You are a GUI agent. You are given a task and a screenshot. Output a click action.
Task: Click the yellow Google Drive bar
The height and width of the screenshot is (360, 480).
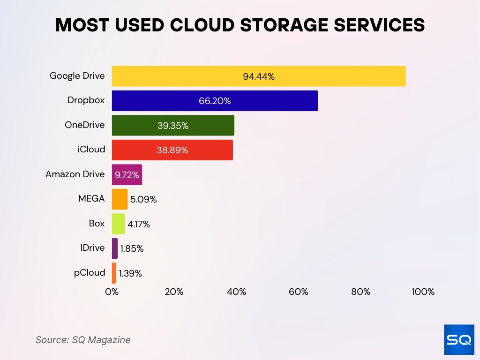click(x=258, y=76)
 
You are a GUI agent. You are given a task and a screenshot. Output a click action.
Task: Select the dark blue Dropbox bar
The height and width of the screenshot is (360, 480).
click(x=215, y=101)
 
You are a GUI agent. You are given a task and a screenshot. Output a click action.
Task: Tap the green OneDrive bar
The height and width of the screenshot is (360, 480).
click(x=173, y=126)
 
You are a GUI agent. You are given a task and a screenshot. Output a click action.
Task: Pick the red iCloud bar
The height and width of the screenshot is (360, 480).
click(x=172, y=150)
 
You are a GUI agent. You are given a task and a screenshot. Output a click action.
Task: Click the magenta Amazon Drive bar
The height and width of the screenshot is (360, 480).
click(x=127, y=175)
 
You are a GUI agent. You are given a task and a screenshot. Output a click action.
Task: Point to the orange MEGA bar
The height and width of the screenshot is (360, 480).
click(x=120, y=199)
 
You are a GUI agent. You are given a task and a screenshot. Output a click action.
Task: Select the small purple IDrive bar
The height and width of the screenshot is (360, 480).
click(x=115, y=248)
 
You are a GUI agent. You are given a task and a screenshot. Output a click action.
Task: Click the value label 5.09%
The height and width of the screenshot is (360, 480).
click(x=143, y=200)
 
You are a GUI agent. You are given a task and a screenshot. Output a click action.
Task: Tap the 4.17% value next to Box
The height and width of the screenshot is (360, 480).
click(x=139, y=225)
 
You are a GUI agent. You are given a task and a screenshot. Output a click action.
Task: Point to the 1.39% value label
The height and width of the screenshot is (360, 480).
click(x=130, y=274)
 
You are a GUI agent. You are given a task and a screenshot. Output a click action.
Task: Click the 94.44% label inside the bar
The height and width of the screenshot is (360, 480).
click(x=258, y=77)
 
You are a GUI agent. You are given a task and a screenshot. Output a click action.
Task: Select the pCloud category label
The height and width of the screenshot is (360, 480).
click(x=90, y=272)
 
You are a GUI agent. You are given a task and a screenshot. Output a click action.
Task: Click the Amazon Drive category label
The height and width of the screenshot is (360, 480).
click(x=75, y=174)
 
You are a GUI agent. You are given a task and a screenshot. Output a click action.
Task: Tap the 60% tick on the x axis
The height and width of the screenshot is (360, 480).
click(x=299, y=292)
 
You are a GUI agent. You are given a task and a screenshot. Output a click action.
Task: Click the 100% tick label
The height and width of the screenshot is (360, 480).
click(x=423, y=292)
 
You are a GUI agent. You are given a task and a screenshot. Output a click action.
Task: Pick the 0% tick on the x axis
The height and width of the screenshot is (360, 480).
click(x=112, y=292)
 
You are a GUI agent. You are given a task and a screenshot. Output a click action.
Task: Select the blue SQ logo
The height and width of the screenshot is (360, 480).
click(x=459, y=339)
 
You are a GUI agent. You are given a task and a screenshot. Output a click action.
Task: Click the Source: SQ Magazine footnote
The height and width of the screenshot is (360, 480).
click(x=83, y=340)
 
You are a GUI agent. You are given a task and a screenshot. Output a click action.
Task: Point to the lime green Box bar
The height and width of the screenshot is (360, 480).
click(x=118, y=224)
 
